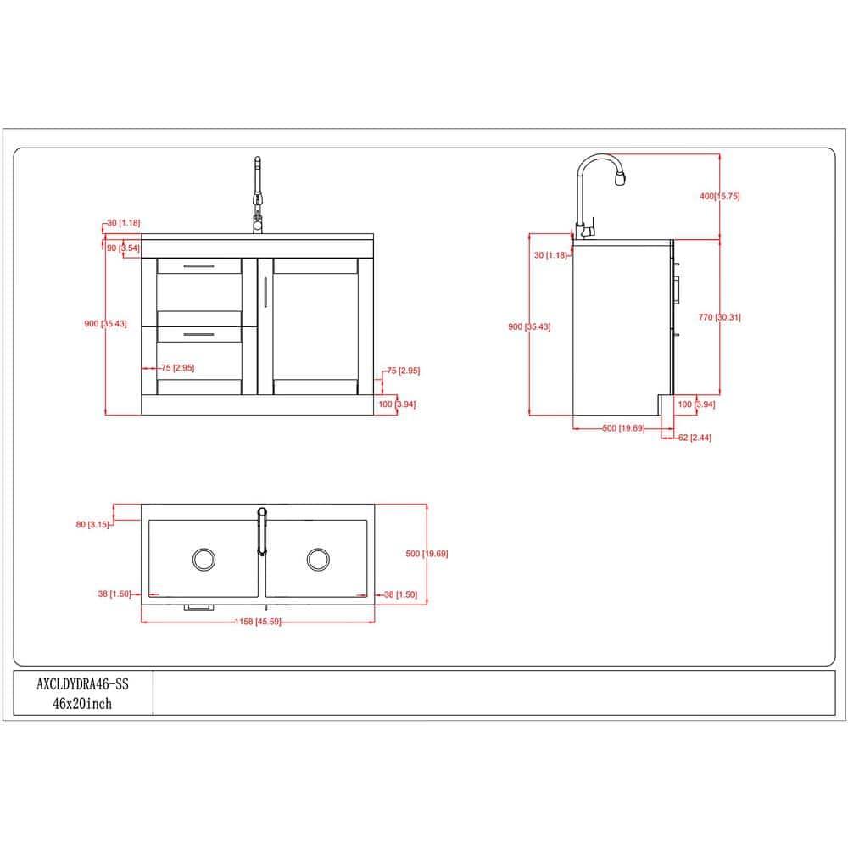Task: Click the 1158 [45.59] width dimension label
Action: click(x=257, y=622)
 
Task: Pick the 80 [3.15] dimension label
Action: click(x=92, y=525)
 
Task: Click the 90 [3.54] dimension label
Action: click(x=122, y=248)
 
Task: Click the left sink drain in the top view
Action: click(x=204, y=558)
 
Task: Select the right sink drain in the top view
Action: click(x=318, y=558)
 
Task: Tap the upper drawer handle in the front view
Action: click(x=198, y=266)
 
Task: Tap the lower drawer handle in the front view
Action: click(x=198, y=334)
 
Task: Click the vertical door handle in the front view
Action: click(x=265, y=292)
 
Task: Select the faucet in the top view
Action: click(x=262, y=531)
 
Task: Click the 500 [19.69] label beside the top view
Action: click(x=427, y=554)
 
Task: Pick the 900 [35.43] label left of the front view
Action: click(x=105, y=324)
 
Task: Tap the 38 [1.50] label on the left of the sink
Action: click(x=114, y=594)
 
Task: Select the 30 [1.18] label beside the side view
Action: click(x=550, y=255)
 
